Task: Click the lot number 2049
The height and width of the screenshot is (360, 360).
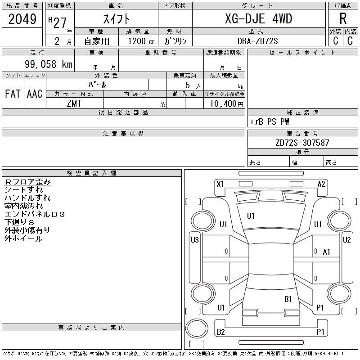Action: pyautogui.click(x=22, y=19)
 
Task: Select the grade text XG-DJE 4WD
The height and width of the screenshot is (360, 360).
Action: pyautogui.click(x=258, y=18)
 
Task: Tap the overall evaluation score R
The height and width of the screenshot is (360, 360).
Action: pyautogui.click(x=343, y=18)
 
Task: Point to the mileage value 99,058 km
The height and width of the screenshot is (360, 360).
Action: pyautogui.click(x=49, y=64)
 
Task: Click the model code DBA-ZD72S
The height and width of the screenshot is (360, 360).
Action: pyautogui.click(x=257, y=41)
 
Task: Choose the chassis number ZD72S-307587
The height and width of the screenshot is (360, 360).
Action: pyautogui.click(x=302, y=143)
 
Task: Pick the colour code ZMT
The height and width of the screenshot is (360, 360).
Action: pyautogui.click(x=74, y=103)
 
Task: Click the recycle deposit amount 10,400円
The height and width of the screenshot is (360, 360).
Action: pyautogui.click(x=226, y=103)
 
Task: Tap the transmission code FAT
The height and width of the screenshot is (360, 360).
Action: pyautogui.click(x=13, y=94)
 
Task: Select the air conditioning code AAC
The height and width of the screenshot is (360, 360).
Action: pyautogui.click(x=35, y=94)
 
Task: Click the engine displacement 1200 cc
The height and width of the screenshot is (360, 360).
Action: pyautogui.click(x=141, y=41)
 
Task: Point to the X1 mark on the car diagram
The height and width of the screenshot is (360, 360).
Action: pyautogui.click(x=220, y=184)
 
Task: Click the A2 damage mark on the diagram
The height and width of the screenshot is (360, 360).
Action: pyautogui.click(x=321, y=184)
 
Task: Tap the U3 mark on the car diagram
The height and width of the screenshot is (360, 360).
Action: pyautogui.click(x=195, y=240)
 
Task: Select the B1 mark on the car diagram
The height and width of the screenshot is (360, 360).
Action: pyautogui.click(x=288, y=299)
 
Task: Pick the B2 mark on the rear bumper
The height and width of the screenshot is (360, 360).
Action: pyautogui.click(x=220, y=332)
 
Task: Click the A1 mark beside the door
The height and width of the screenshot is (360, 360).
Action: pyautogui.click(x=326, y=252)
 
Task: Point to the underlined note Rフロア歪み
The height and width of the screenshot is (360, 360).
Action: pyautogui.click(x=27, y=182)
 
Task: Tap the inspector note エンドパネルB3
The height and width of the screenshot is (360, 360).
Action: pyautogui.click(x=35, y=214)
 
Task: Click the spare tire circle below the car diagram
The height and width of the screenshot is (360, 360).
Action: pyautogui.click(x=197, y=328)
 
